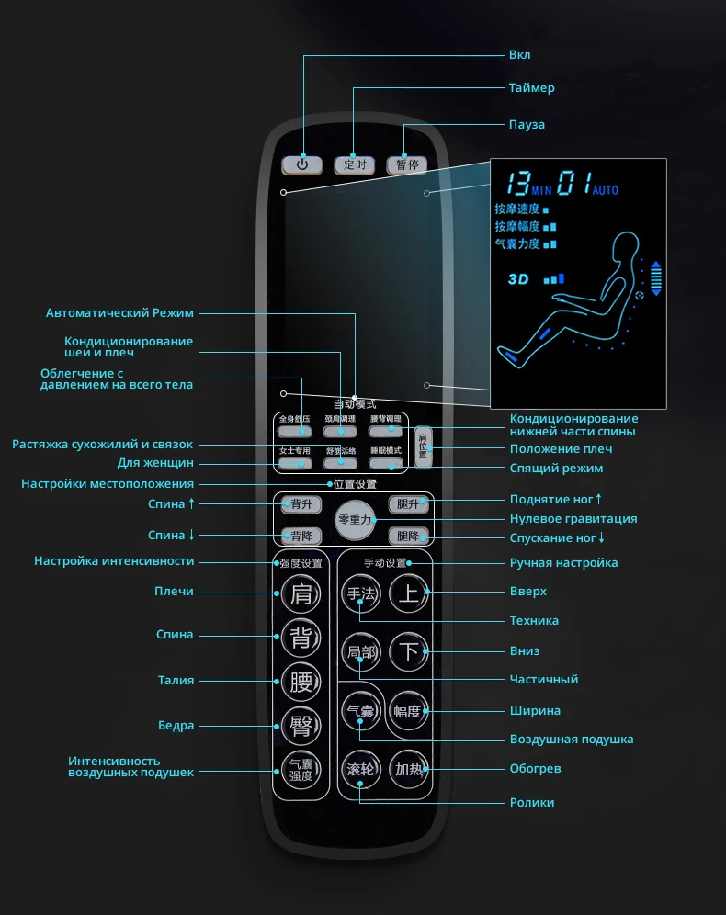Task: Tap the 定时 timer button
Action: coord(354,164)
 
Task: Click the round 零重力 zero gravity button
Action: coord(354,520)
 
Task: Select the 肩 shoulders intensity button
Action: coord(301,594)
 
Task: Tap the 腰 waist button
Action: coord(301,682)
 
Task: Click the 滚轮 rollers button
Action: coord(359,769)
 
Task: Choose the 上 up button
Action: coord(409,594)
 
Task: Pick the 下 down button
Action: coord(409,652)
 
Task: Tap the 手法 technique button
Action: coord(359,594)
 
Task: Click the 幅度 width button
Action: coord(408,711)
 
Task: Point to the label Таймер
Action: coord(532,88)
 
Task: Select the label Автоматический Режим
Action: coord(119,313)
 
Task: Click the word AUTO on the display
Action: coord(606,190)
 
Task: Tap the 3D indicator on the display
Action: coord(519,277)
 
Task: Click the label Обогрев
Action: coord(535,768)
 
